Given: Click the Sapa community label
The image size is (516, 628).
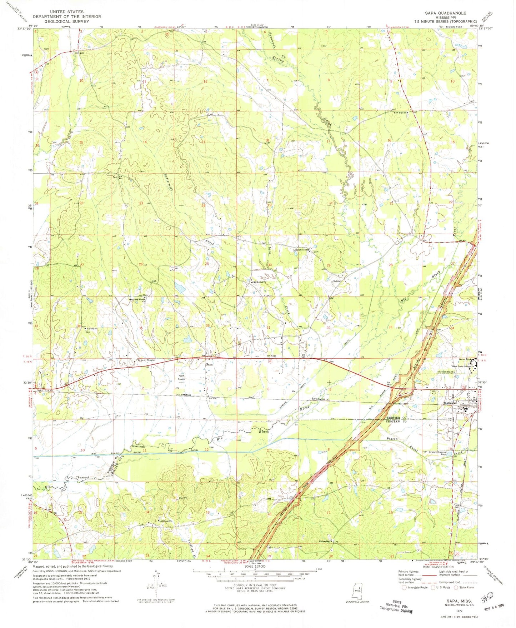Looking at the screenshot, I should (x=209, y=365).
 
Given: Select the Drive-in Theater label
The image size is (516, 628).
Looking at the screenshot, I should (x=146, y=360).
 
